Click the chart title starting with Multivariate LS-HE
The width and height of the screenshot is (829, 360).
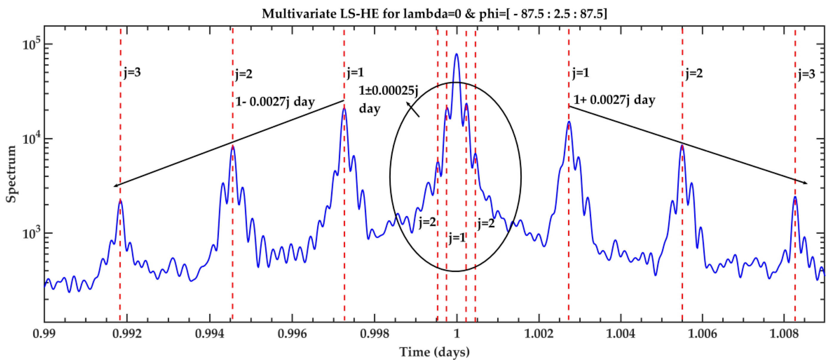click(x=434, y=13)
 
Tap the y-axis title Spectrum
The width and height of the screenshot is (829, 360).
click(x=11, y=174)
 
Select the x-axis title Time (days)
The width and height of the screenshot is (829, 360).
click(x=434, y=352)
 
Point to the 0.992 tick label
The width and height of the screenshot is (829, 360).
click(x=127, y=333)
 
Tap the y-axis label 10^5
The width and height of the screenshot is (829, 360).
click(x=32, y=44)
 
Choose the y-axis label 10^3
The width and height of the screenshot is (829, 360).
click(x=32, y=233)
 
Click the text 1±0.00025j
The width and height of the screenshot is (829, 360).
click(x=388, y=91)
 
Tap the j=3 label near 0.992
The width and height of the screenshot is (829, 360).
click(x=132, y=73)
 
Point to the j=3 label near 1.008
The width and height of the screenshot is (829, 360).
click(x=806, y=74)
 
